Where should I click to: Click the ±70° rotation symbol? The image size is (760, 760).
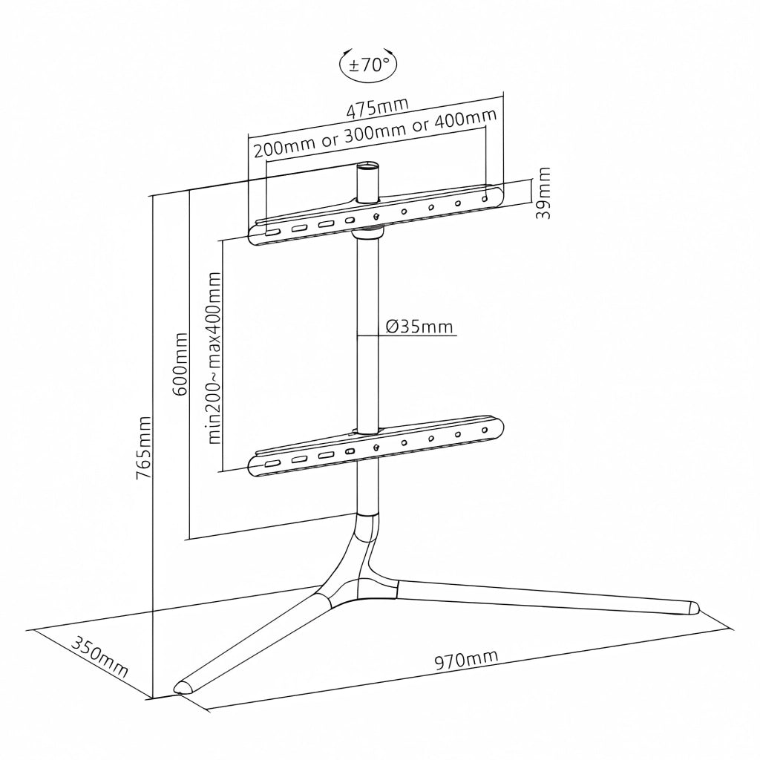368,64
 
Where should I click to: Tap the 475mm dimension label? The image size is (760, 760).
378,108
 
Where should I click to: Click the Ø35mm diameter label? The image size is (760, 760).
420,327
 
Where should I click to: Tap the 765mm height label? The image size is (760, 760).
145,448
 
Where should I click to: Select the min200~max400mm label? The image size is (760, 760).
214,358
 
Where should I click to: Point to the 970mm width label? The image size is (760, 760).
466,659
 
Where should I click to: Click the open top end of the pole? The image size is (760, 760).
367,167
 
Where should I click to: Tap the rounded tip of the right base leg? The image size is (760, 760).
694,608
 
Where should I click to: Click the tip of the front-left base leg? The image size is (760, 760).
183,688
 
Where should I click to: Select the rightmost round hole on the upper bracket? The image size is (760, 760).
484,199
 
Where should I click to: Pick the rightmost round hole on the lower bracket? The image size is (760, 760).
484,430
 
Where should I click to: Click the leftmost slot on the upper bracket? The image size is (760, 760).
272,232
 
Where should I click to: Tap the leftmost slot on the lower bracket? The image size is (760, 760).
272,462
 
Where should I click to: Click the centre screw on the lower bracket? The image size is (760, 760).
376,447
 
